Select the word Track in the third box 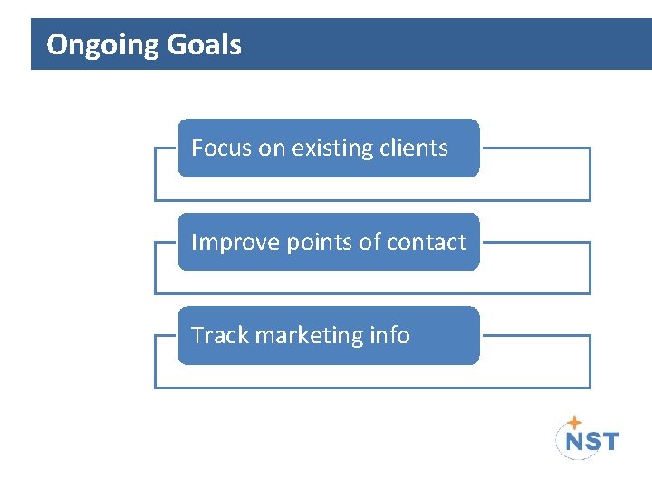click(x=220, y=335)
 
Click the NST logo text click(x=592, y=441)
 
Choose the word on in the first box click(x=272, y=149)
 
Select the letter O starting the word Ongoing click(x=56, y=44)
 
